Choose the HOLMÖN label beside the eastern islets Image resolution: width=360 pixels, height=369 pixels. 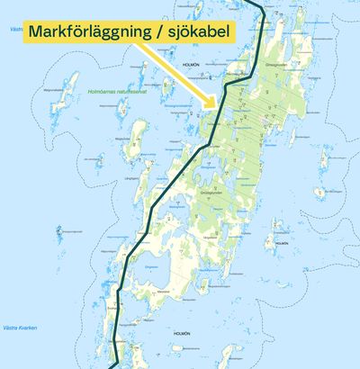[x=281, y=243]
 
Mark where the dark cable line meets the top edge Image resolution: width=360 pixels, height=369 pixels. [x=260, y=3]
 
